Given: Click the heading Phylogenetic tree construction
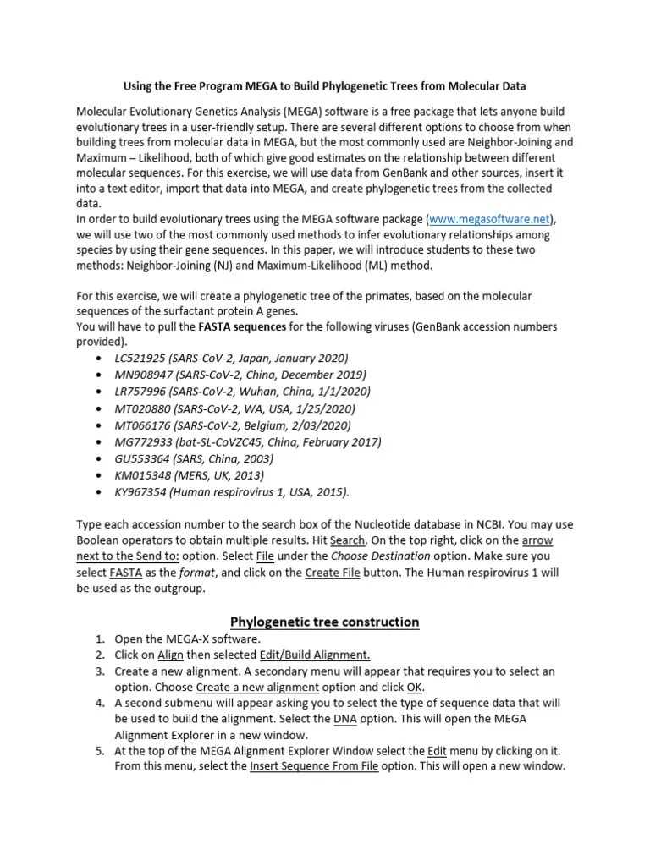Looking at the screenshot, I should [325, 622].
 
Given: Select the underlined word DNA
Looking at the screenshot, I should [344, 719].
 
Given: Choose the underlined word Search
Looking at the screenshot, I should [347, 540].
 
